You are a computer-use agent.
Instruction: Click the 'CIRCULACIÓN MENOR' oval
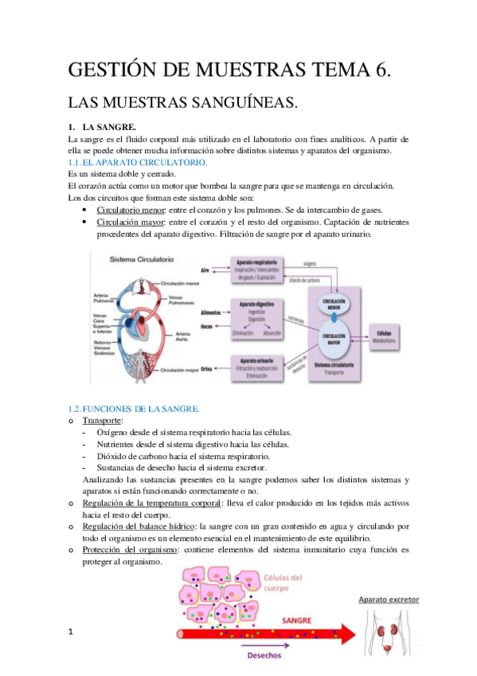[334, 305]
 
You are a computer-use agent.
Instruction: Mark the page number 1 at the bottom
[71, 633]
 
